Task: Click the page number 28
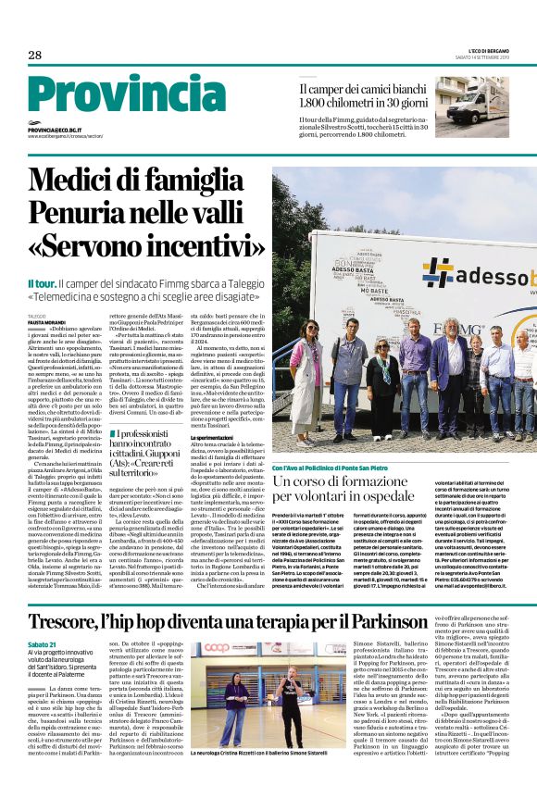point(34,56)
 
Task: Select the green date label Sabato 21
point(41,644)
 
